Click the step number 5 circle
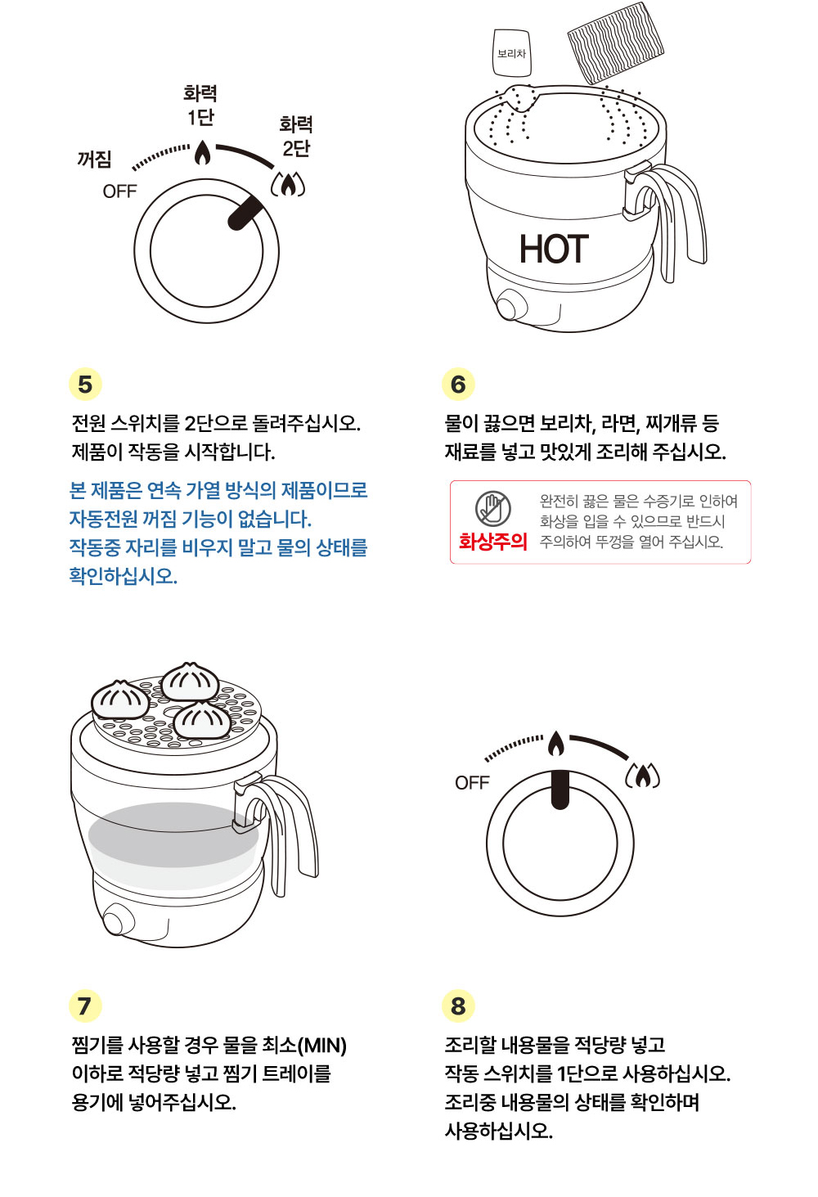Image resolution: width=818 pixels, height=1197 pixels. [85, 384]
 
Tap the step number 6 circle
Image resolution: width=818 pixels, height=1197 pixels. [458, 384]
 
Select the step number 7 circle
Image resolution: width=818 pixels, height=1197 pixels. [85, 1006]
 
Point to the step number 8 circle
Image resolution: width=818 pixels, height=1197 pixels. [458, 1006]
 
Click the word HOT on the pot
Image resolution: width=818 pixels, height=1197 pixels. [554, 250]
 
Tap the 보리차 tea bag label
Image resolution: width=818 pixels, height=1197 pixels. [512, 53]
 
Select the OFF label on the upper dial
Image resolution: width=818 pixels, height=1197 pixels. [119, 191]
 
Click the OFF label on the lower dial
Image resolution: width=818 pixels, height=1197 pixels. [472, 783]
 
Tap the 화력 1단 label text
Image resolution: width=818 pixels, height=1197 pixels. [200, 106]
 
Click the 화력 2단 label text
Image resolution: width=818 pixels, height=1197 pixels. [296, 136]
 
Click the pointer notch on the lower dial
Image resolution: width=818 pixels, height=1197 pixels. [560, 790]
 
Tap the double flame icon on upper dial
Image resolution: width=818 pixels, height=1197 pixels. [288, 185]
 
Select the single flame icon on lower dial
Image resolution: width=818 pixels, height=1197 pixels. [556, 744]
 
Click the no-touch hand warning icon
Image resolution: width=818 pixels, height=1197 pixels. [493, 509]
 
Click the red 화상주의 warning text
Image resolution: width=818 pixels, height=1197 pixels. [492, 542]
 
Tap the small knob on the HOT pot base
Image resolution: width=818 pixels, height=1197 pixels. [510, 308]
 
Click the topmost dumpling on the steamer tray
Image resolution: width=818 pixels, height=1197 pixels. [190, 682]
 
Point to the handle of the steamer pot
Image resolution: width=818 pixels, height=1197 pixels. [286, 826]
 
